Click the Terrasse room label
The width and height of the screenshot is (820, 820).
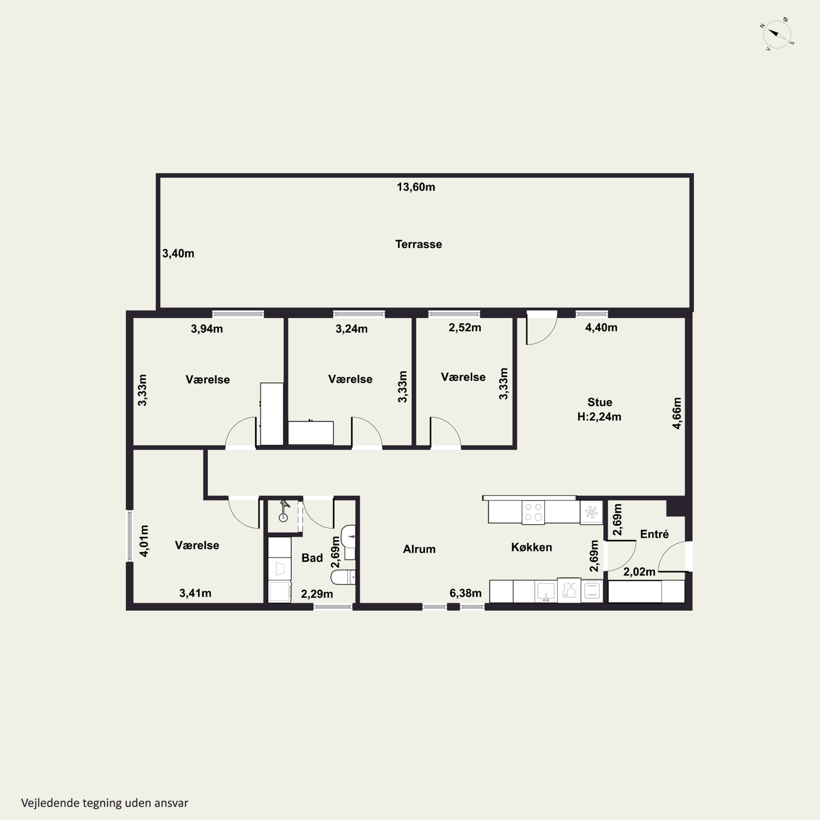click(418, 244)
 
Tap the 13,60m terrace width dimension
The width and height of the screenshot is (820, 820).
click(416, 187)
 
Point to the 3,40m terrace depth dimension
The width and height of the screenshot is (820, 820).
click(178, 253)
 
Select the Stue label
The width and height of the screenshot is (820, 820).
click(600, 402)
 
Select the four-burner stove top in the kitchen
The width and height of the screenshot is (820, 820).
click(533, 512)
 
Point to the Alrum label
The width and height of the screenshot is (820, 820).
click(419, 549)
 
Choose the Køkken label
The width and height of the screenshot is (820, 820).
click(531, 547)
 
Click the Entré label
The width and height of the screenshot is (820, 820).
click(654, 534)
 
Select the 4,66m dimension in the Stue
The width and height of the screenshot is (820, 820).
click(677, 413)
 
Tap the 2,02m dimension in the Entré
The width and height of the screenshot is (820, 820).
click(639, 572)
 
